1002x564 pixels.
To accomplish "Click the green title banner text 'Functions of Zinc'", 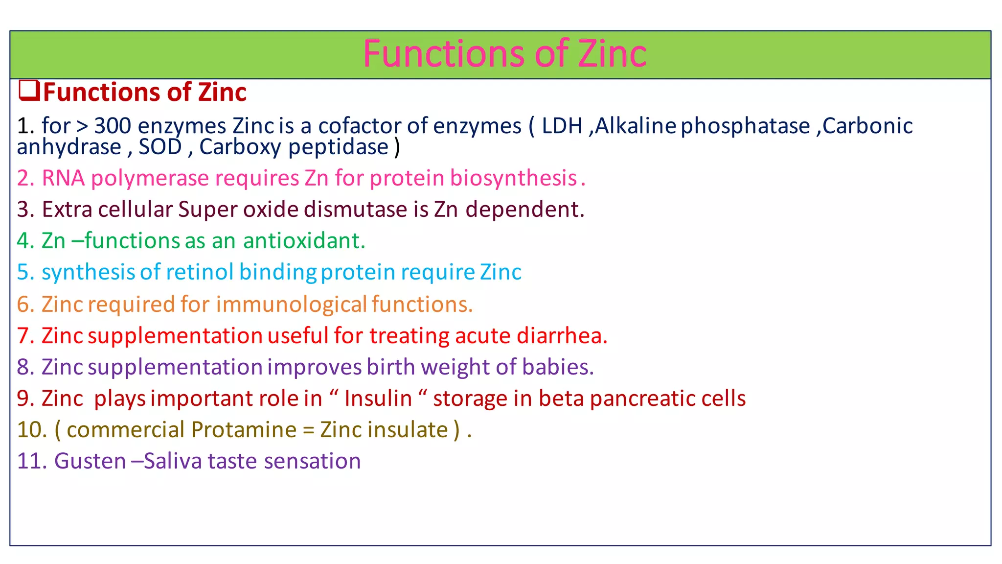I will (504, 54).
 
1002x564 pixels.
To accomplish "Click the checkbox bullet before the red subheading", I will (29, 91).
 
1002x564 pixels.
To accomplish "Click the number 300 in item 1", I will (113, 126).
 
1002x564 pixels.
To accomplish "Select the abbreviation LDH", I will (562, 126).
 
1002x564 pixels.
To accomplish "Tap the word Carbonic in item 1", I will (867, 126).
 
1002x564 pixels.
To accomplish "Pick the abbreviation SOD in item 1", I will (160, 147).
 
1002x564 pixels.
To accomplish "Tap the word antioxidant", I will (303, 241).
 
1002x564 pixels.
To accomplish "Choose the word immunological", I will (292, 305).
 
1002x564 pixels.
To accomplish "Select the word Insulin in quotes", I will (378, 399).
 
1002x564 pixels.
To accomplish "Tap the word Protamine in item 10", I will (244, 430).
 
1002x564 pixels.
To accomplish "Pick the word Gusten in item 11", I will (90, 461).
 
